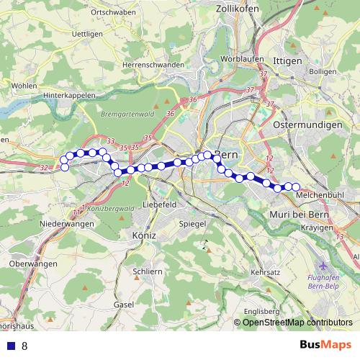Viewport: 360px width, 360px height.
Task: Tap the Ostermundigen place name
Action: pos(307,125)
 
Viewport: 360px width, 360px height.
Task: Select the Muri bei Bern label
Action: pos(298,215)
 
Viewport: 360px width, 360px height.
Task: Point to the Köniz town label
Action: pos(145,235)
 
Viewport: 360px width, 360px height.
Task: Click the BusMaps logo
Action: pos(325,345)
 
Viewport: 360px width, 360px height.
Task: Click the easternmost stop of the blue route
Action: pos(295,188)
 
